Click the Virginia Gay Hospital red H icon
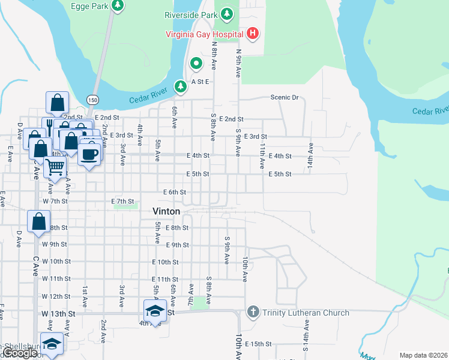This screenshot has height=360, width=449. point(253,34)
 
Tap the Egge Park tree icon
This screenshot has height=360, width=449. point(118,5)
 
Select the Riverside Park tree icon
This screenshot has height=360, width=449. point(226,14)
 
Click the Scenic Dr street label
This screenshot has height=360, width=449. point(284,97)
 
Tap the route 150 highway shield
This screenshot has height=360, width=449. point(92,100)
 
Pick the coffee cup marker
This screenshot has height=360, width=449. point(89,154)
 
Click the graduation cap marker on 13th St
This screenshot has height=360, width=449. point(155,311)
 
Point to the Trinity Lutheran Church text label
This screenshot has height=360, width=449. point(306,313)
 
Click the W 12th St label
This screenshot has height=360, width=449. point(56,296)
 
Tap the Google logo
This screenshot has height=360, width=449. point(20,353)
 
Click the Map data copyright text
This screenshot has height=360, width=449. point(423,355)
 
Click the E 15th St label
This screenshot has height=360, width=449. point(258,344)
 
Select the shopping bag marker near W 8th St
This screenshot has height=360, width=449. point(38,221)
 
